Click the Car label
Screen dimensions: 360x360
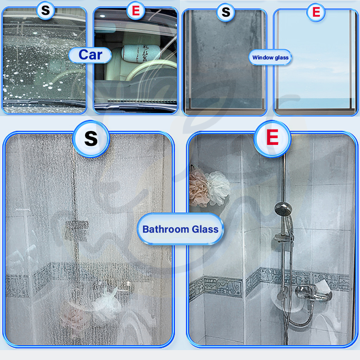[90, 55]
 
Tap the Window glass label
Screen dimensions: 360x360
[270, 58]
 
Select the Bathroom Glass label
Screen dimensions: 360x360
[180, 229]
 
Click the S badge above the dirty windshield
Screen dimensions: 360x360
[45, 10]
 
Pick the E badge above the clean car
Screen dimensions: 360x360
[136, 10]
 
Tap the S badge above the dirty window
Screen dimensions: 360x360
[226, 12]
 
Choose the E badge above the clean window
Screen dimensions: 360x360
[316, 12]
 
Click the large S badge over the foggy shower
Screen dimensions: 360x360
[91, 139]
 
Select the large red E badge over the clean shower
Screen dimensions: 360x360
[272, 139]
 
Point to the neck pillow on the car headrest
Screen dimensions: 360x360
[141, 53]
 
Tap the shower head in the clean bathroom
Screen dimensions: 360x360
[283, 208]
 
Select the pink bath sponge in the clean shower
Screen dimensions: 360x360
[198, 188]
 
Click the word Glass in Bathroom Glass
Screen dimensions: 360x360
[205, 229]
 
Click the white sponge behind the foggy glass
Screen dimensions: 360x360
[106, 302]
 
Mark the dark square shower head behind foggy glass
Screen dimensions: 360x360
[76, 230]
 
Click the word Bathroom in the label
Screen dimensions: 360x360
[166, 229]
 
